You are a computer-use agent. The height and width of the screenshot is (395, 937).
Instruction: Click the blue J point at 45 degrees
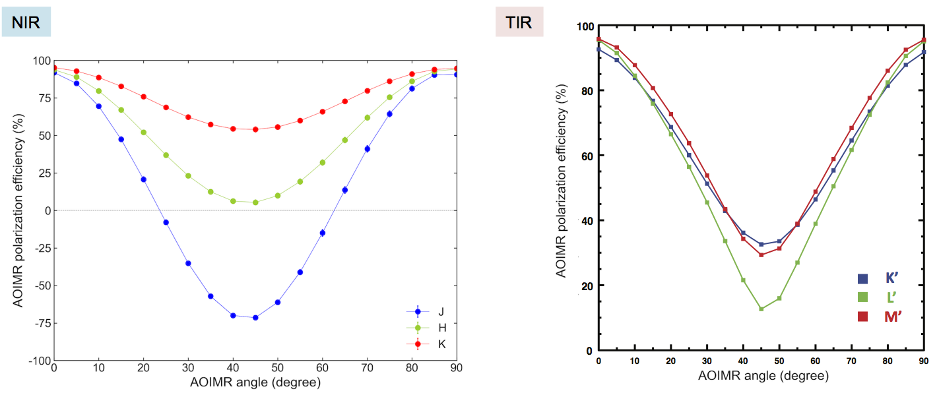click(x=255, y=317)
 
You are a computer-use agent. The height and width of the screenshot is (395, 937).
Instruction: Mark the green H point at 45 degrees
click(x=255, y=202)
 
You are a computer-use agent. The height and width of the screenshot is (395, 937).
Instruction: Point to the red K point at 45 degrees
click(x=255, y=129)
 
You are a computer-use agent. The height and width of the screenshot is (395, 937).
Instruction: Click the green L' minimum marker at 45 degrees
click(x=761, y=309)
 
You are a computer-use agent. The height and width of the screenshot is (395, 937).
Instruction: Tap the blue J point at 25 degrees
click(x=166, y=222)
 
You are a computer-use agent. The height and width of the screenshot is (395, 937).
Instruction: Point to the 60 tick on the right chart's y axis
click(x=586, y=156)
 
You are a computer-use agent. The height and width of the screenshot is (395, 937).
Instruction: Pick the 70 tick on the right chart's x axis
click(x=851, y=361)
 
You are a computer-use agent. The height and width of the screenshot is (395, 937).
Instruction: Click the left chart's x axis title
click(x=255, y=382)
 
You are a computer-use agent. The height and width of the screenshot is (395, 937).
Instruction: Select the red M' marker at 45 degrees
click(x=761, y=255)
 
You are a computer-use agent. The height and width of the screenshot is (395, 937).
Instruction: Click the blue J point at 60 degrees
click(x=323, y=233)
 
